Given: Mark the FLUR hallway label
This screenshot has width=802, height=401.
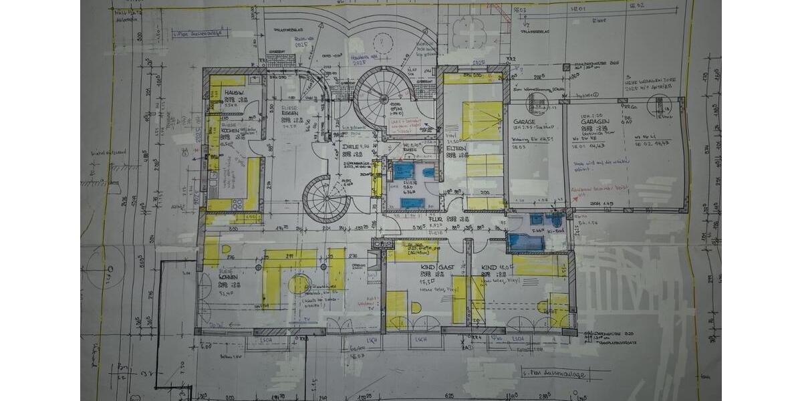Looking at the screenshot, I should pos(436,219).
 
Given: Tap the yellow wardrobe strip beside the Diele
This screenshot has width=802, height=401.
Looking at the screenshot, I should pos(377,179).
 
